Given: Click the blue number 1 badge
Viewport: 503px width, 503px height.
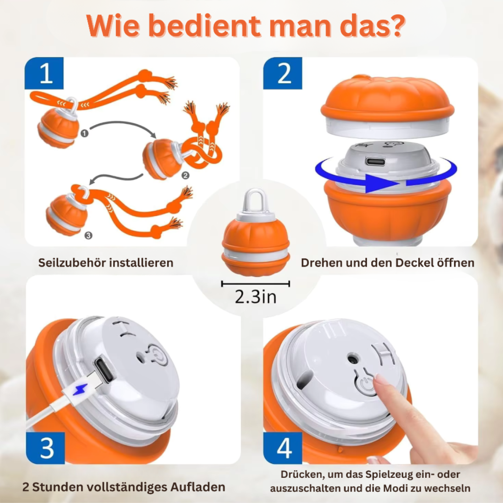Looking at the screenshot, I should tap(45, 73).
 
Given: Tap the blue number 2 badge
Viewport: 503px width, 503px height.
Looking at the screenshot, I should tap(283, 73).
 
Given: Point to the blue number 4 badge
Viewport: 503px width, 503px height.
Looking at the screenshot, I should tap(283, 448).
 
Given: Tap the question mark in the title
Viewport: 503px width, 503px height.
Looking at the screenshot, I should tap(394, 27).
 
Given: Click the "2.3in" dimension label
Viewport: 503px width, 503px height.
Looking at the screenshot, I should tap(255, 297).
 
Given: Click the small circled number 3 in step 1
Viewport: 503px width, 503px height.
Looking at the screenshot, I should tap(88, 236).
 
